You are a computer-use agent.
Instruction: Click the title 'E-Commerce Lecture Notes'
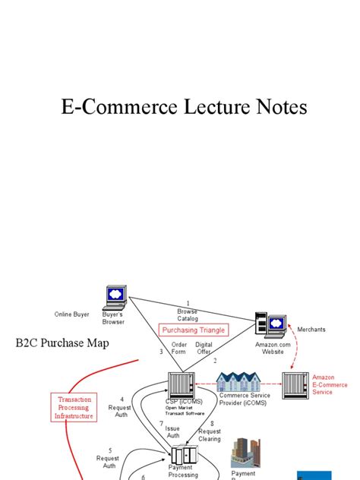tap(184, 107)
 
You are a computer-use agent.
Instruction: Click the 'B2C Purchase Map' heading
tap(62, 343)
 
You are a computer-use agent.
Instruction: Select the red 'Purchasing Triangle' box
tap(191, 330)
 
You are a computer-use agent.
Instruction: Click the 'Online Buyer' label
tap(71, 314)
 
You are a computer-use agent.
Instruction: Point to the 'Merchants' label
tap(311, 330)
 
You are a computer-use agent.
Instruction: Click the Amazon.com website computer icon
tap(270, 324)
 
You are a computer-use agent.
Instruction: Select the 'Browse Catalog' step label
tap(188, 314)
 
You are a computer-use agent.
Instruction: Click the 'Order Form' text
tap(179, 348)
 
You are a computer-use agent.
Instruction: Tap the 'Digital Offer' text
tap(204, 348)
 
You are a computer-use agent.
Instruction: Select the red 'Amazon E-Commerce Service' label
tap(330, 385)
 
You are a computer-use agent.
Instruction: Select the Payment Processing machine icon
tap(182, 456)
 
